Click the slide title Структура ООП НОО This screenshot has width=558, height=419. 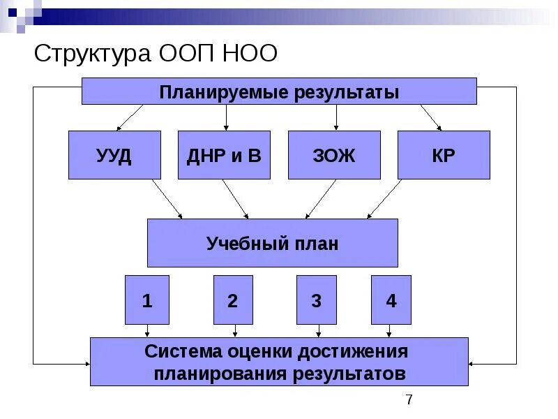click(156, 54)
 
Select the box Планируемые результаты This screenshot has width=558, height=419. click(279, 91)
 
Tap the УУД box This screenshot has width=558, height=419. click(114, 155)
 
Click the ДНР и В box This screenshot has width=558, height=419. click(224, 155)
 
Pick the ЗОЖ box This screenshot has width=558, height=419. click(334, 155)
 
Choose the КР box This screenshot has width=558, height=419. click(444, 155)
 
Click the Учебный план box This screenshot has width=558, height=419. click(272, 243)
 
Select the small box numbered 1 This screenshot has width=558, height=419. click(147, 300)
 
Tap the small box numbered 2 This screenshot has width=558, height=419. click(233, 300)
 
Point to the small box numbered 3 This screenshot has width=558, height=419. click(316, 300)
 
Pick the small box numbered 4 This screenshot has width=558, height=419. click(391, 300)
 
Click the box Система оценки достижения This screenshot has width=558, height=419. click(279, 362)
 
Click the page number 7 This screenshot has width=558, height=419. click(409, 399)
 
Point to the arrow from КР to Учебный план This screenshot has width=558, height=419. click(384, 199)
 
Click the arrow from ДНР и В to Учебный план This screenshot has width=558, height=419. click(236, 199)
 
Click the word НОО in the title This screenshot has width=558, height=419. click(250, 54)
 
